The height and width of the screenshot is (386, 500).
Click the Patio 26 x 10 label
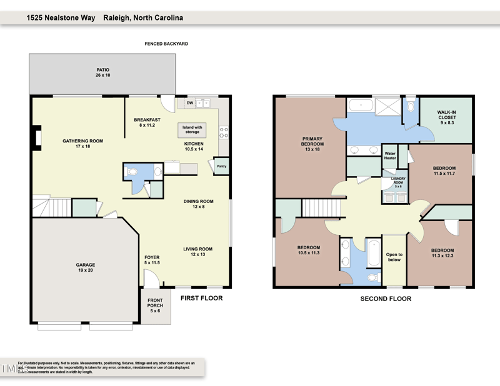tap(103, 72)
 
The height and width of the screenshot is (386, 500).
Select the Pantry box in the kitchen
tap(221, 166)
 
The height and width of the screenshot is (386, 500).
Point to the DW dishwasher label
tap(189, 103)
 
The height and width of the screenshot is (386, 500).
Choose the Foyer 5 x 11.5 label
tap(152, 260)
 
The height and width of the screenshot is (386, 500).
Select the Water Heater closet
tap(390, 156)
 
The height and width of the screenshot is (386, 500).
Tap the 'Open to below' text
tap(394, 257)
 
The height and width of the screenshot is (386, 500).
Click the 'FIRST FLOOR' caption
tap(201, 298)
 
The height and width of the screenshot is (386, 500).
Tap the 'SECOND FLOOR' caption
tap(386, 299)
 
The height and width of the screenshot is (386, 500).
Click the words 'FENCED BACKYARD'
tap(166, 44)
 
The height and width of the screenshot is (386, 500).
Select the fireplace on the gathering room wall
tap(37, 137)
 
